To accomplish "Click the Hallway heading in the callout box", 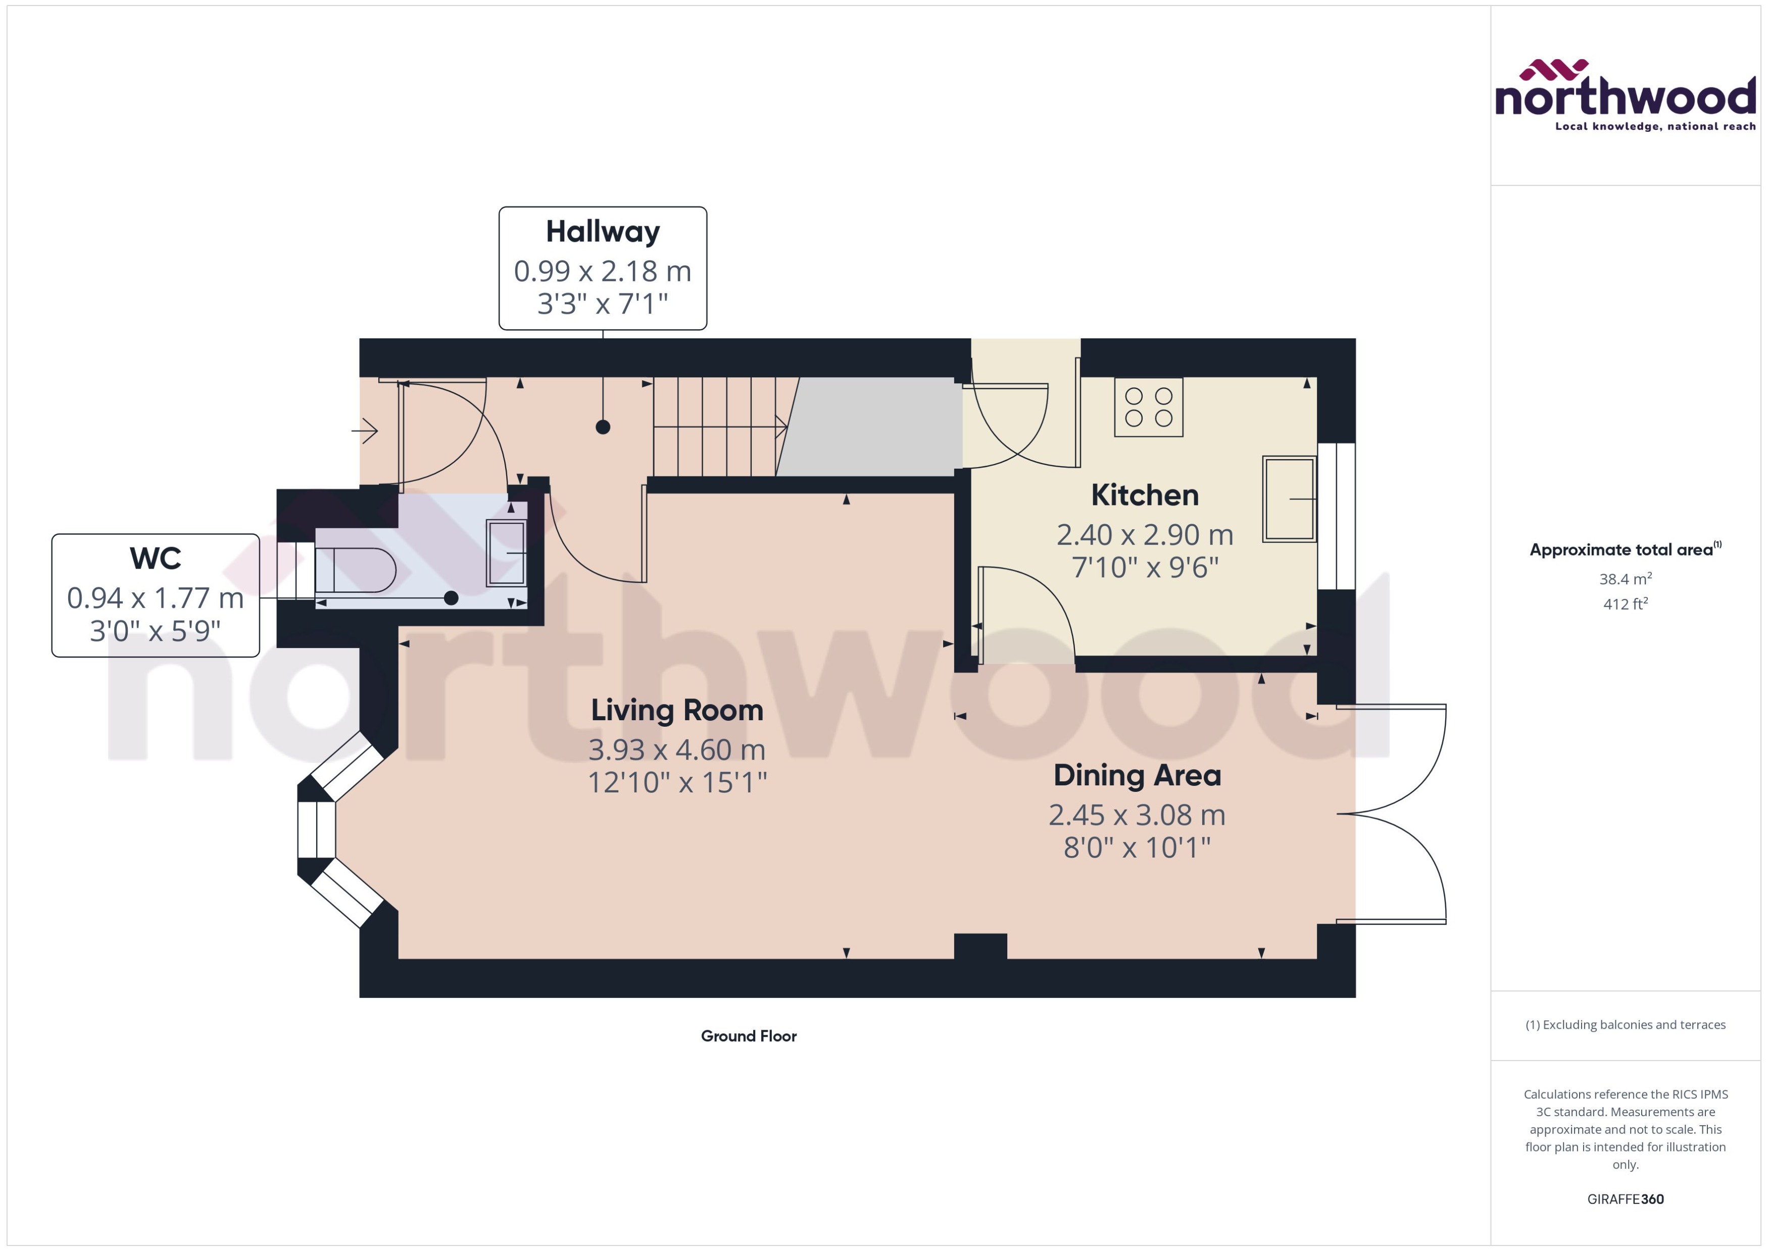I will [603, 232].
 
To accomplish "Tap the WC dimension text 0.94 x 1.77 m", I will [155, 598].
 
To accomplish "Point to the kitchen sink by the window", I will [1289, 499].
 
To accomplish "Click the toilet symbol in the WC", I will [356, 571].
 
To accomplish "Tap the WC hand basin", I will [506, 553].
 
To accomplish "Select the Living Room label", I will [676, 710].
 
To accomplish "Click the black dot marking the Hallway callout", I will [603, 427].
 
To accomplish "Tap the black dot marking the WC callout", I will [452, 598].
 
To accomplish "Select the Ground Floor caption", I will [748, 1036].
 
